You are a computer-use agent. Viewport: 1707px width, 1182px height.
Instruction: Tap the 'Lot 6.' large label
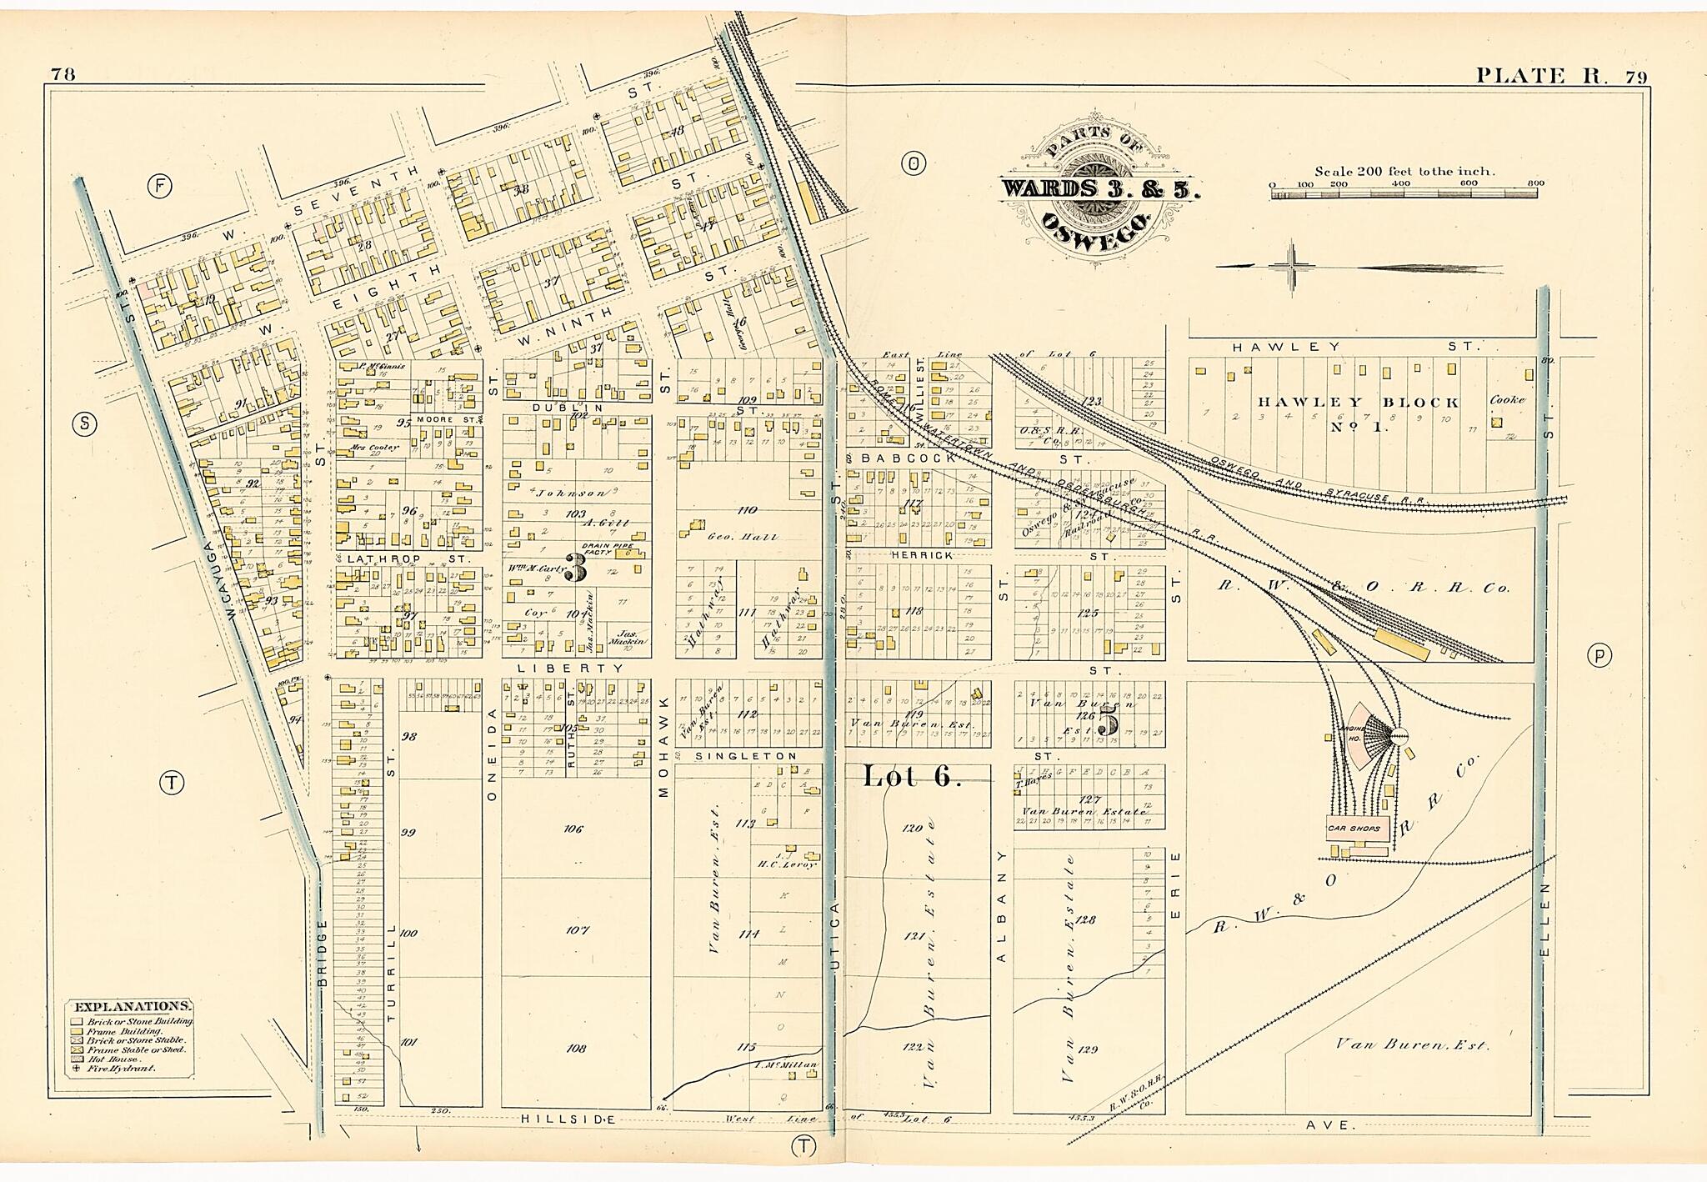tap(912, 776)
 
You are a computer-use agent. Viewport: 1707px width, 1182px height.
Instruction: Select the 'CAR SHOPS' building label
tap(1354, 829)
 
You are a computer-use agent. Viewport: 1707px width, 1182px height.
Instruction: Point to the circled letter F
tap(159, 187)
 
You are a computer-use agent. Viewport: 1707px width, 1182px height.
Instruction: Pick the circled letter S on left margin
tap(83, 423)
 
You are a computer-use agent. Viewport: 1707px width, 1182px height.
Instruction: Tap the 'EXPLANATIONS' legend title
tap(133, 1006)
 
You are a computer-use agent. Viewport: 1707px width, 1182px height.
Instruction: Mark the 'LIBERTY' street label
tap(570, 668)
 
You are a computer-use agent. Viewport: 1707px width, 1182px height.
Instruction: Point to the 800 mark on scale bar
tap(1535, 183)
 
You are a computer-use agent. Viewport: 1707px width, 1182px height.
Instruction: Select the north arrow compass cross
tap(1293, 267)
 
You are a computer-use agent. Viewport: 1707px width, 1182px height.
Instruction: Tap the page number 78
tap(63, 73)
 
